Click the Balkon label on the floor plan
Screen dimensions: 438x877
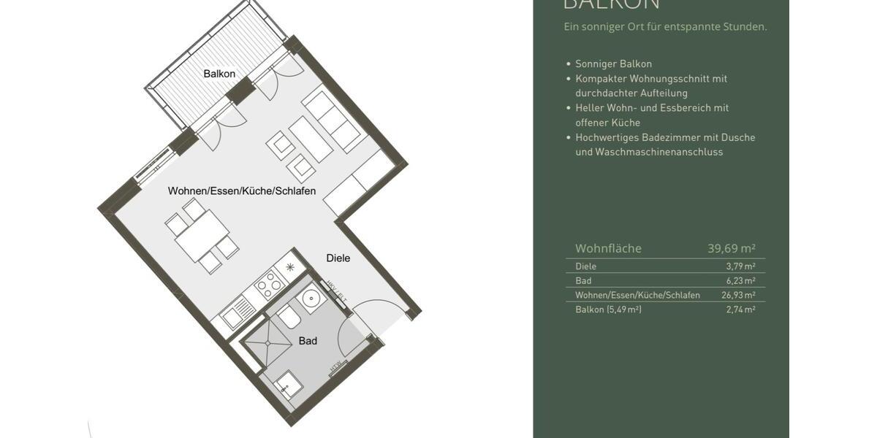(x=219, y=74)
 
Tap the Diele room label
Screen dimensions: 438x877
(x=338, y=258)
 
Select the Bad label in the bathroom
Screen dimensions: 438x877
(x=308, y=341)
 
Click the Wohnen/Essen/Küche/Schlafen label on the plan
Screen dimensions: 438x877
(x=242, y=191)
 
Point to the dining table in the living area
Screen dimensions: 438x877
(x=202, y=236)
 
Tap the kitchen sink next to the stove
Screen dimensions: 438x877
(x=238, y=311)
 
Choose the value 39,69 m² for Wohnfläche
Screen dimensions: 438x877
(x=731, y=248)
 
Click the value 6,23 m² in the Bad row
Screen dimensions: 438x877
(x=740, y=280)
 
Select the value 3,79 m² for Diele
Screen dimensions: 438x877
(x=740, y=266)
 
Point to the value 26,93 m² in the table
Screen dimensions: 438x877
(x=738, y=295)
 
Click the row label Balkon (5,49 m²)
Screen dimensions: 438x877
(x=608, y=310)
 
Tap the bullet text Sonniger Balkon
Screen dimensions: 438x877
(x=613, y=64)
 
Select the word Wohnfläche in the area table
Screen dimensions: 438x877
(x=608, y=248)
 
